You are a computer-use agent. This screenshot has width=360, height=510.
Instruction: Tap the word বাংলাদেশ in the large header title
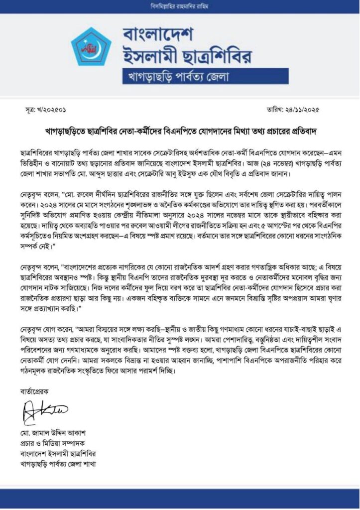158,36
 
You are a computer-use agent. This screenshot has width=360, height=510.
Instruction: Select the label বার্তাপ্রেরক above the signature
36,391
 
